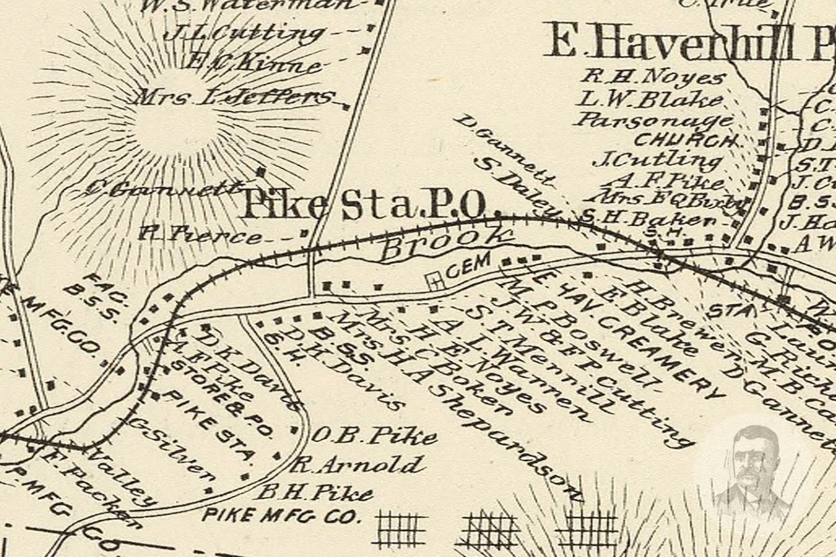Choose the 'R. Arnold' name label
click(357, 465)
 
